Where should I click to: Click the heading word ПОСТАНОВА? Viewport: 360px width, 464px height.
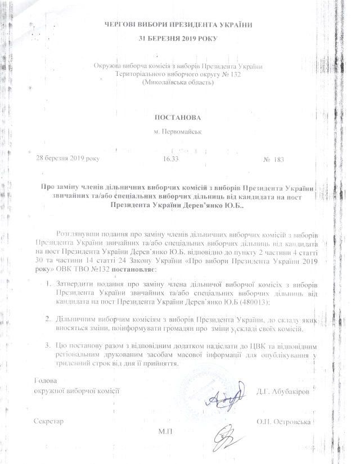[177, 118]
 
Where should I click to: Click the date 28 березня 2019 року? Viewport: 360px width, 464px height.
[67, 159]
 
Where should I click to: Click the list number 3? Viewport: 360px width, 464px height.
[49, 345]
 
